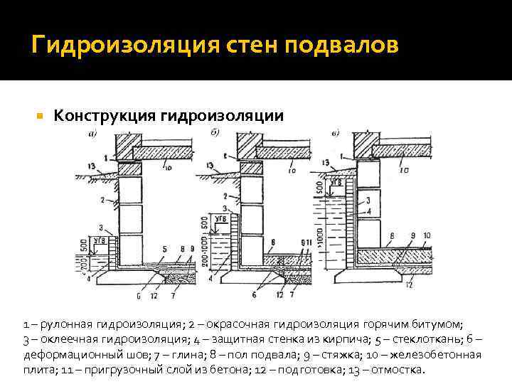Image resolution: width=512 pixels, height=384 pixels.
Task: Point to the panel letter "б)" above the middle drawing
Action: tap(214, 132)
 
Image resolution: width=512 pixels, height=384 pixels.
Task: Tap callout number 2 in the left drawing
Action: tap(104, 200)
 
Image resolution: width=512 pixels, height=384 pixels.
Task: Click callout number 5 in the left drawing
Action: tap(165, 249)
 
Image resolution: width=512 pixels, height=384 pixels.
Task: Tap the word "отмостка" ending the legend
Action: tap(399, 370)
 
